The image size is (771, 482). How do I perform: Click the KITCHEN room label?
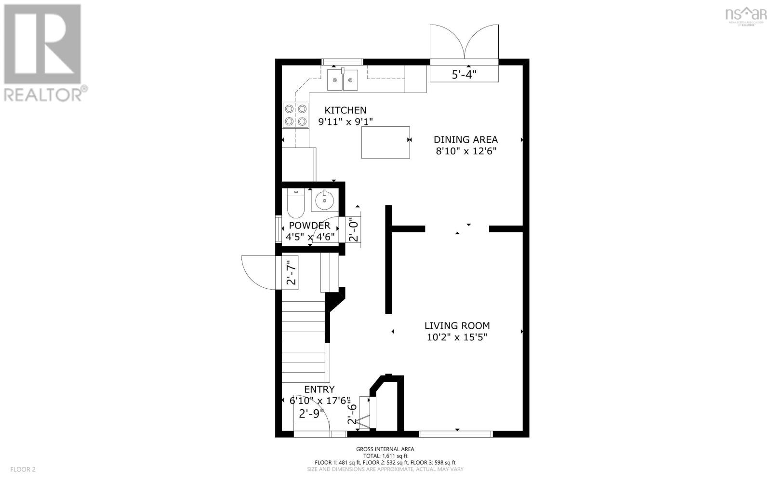pos(345,110)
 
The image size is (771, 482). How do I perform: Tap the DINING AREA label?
pos(465,140)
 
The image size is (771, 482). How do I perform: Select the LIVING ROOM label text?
pos(457,326)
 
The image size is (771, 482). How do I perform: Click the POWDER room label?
pos(309,226)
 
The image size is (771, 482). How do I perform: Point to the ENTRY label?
pos(319,389)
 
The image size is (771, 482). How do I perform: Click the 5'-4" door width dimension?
pos(464,75)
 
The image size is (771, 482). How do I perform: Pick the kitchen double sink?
pos(343,80)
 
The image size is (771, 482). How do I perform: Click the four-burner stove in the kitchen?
pos(296,115)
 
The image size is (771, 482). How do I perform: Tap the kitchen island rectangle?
pos(385,142)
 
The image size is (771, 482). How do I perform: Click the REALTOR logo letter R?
pos(42,44)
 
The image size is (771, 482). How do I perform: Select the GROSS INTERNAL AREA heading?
pos(385,449)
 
